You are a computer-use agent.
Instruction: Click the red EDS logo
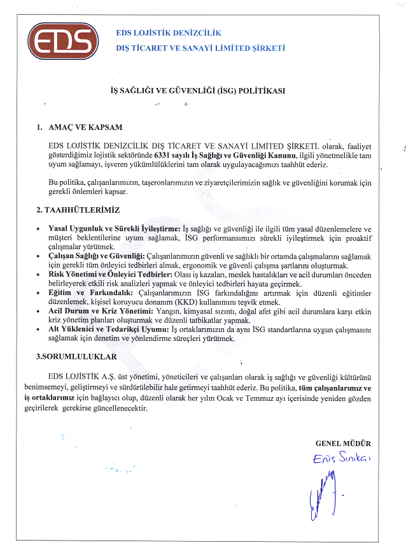pos(62,41)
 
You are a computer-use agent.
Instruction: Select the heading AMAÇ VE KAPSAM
pos(85,127)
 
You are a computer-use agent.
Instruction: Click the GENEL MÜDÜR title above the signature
pos(343,443)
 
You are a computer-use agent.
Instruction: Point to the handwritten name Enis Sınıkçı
pos(342,459)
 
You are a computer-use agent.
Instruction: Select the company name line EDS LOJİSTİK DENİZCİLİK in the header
pos(169,33)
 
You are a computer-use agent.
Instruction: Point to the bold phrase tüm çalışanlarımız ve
pos(335,388)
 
